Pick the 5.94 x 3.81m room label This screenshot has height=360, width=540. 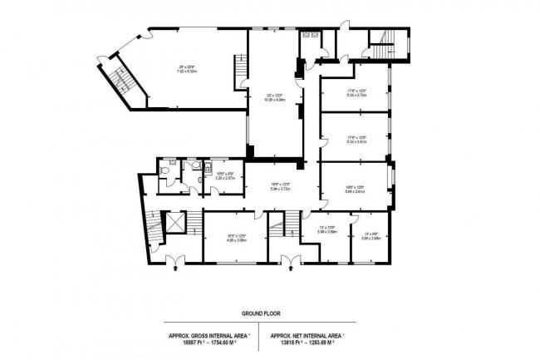click(x=356, y=190)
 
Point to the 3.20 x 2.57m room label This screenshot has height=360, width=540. click(x=225, y=177)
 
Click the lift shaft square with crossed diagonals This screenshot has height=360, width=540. click(x=175, y=222)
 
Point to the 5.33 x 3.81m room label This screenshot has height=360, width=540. click(x=356, y=141)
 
